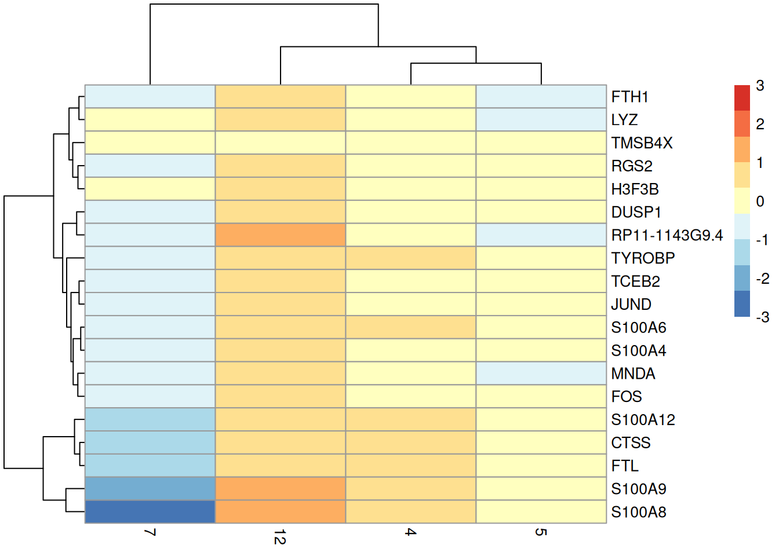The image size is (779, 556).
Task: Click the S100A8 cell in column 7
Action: coord(150,512)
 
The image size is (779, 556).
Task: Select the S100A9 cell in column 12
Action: coord(281,489)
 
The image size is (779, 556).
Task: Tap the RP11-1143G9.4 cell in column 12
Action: coord(281,235)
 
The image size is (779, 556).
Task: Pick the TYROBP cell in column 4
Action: coord(411,258)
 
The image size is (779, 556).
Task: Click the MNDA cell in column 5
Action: coord(541,374)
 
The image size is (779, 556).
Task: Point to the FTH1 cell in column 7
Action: coord(150,97)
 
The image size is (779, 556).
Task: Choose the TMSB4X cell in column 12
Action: coord(281,142)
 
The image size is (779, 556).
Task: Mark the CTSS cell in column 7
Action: coord(150,442)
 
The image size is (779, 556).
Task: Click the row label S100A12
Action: coord(643,420)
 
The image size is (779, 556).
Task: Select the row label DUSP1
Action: coord(636,212)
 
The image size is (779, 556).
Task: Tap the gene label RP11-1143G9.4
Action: coord(667,235)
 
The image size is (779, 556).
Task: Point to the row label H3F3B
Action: coord(635,189)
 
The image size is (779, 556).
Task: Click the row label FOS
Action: coord(627,397)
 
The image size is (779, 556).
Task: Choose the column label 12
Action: coord(280,537)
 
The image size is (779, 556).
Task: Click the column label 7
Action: coord(150,532)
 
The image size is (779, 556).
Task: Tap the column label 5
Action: coord(541,532)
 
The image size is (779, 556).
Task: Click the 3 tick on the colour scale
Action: coord(760,86)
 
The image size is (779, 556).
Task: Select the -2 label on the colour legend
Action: coord(762,279)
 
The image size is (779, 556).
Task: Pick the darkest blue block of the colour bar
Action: coord(742,304)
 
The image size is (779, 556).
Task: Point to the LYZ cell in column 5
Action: coord(541,119)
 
